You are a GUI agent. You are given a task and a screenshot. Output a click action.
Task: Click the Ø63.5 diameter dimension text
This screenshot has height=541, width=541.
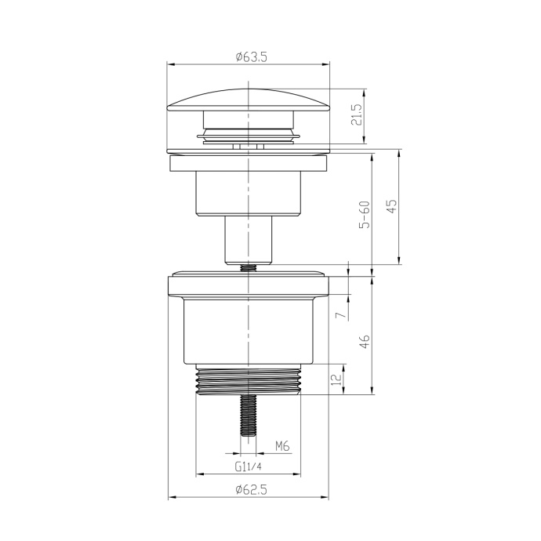[248, 57]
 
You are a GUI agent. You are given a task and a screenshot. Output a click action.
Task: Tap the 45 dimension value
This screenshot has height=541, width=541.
[392, 206]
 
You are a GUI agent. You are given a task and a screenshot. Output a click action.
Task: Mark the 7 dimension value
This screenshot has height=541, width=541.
[339, 314]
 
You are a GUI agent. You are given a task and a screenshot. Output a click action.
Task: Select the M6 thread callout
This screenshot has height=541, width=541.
[282, 446]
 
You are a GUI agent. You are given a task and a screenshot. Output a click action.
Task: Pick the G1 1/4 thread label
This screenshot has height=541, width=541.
[248, 467]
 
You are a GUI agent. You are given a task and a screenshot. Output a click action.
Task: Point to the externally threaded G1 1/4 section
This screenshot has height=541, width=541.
[248, 383]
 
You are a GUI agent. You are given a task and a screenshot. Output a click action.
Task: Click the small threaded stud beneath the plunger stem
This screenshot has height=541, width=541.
[248, 267]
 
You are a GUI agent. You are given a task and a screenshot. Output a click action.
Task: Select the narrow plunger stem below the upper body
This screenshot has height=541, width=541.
[248, 238]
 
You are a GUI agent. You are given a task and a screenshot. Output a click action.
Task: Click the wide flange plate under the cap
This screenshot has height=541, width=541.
[248, 165]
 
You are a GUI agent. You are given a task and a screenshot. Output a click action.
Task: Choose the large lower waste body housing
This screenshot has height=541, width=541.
[248, 333]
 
